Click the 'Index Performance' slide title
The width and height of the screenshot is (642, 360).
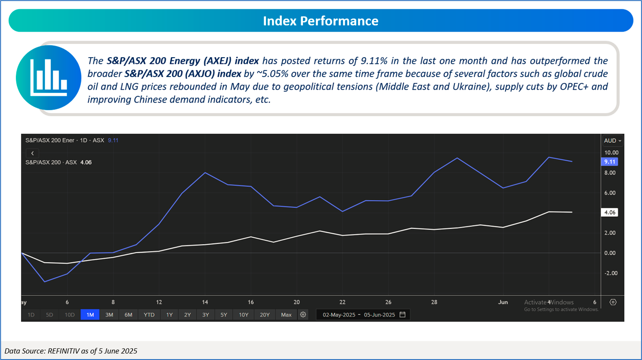click(321, 21)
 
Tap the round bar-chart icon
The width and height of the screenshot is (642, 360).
click(48, 77)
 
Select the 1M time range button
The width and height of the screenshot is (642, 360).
click(90, 315)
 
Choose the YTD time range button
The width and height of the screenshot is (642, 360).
click(149, 315)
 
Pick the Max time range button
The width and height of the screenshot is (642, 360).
click(286, 315)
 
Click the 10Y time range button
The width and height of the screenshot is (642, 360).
click(244, 315)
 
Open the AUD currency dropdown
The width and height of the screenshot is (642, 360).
click(612, 141)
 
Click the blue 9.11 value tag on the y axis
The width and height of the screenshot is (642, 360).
click(609, 162)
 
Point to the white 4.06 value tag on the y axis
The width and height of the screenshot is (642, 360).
click(609, 213)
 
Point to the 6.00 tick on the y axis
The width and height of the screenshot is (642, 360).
click(610, 193)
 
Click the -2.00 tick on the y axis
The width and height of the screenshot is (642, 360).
click(610, 273)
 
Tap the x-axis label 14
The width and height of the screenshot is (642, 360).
click(205, 302)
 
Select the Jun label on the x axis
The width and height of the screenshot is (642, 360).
click(502, 302)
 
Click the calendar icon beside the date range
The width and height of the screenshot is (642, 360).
click(402, 315)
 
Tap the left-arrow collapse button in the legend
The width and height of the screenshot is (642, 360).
click(33, 153)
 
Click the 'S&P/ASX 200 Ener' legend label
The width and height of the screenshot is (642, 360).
click(50, 140)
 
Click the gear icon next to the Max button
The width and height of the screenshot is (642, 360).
click(303, 315)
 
